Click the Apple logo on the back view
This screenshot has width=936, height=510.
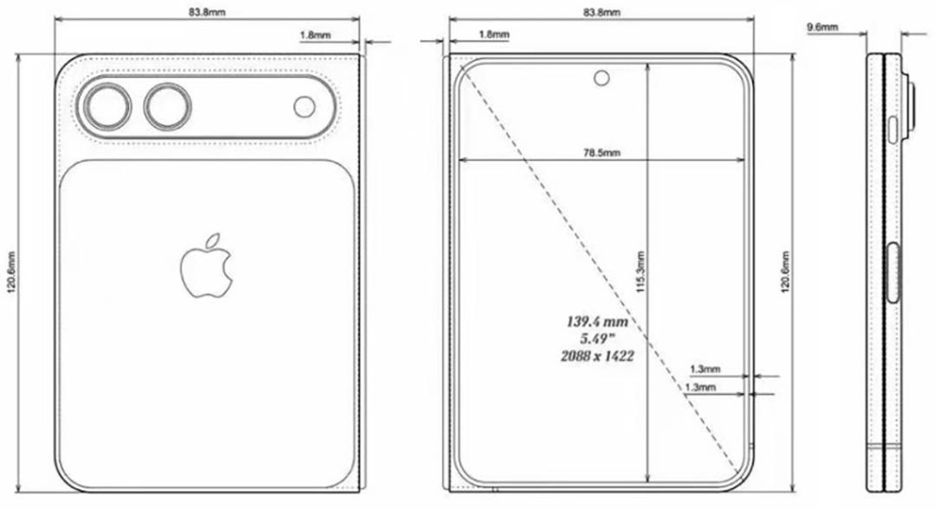pyautogui.click(x=207, y=265)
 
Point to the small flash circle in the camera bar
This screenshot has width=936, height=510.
pyautogui.click(x=305, y=107)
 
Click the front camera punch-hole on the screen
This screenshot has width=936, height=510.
pyautogui.click(x=601, y=78)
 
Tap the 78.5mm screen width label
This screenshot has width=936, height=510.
pyautogui.click(x=601, y=153)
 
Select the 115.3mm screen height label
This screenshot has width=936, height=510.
pyautogui.click(x=640, y=274)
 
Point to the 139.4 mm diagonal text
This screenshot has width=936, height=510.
pyautogui.click(x=597, y=322)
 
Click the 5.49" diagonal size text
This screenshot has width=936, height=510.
pyautogui.click(x=597, y=338)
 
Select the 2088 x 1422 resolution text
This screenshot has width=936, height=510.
pyautogui.click(x=597, y=355)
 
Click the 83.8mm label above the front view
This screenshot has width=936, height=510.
pyautogui.click(x=601, y=13)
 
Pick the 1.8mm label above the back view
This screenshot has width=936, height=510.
pyautogui.click(x=314, y=36)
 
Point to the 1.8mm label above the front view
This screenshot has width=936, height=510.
pyautogui.click(x=493, y=36)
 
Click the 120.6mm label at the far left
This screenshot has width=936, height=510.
pyautogui.click(x=10, y=274)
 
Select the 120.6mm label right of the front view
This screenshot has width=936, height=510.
pyautogui.click(x=785, y=274)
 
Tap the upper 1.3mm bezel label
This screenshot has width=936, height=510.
pyautogui.click(x=704, y=369)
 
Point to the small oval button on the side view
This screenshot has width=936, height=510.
pyautogui.click(x=893, y=130)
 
